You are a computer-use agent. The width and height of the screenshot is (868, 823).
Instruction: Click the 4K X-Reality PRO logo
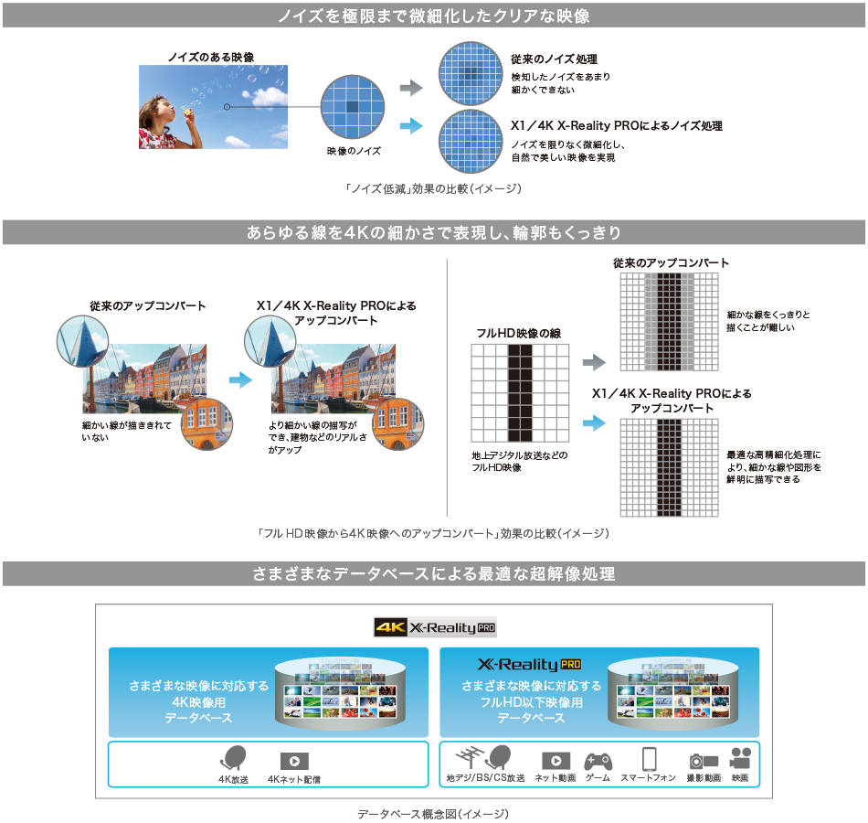tap(435, 627)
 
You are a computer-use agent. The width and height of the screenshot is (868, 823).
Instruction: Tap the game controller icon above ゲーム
tap(598, 760)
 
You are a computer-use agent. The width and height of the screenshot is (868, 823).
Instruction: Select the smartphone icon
tap(649, 759)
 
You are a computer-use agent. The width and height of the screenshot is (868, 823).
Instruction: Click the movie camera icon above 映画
tap(740, 759)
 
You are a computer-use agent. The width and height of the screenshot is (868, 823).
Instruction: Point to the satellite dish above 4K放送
tap(233, 758)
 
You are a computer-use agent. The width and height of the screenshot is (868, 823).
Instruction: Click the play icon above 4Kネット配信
tap(294, 761)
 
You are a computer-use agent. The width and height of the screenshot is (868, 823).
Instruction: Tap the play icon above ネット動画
tap(556, 761)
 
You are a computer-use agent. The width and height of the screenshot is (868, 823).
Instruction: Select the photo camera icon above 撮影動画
tap(703, 760)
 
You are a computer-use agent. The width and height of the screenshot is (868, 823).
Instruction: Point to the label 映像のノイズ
tap(353, 150)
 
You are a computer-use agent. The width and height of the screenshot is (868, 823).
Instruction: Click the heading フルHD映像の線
tap(519, 333)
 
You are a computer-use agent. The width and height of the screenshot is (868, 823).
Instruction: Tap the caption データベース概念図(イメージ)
tap(433, 813)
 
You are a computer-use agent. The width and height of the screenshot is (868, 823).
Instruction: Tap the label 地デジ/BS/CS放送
tap(485, 778)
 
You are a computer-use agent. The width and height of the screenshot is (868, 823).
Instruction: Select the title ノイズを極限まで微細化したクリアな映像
tap(434, 16)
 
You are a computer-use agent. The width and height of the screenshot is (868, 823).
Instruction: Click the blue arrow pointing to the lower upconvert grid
tap(594, 422)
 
